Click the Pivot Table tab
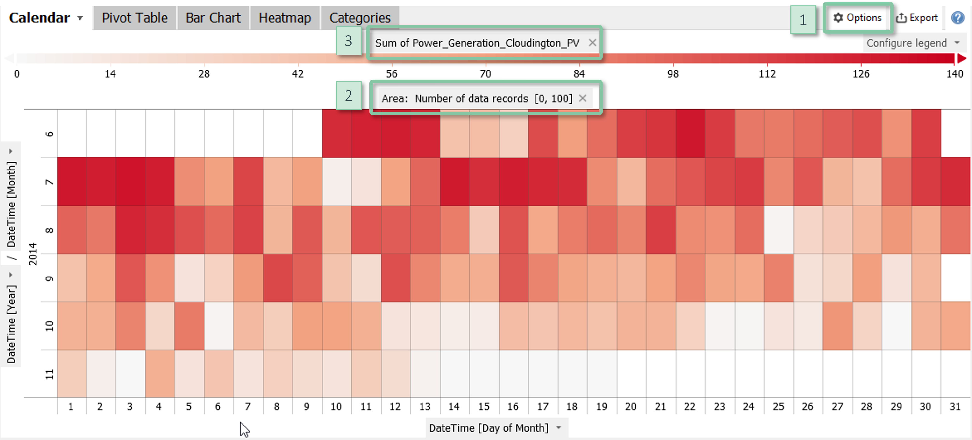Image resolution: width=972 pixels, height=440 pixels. click(134, 18)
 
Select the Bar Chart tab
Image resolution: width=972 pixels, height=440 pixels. click(213, 18)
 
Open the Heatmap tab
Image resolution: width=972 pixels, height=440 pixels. click(285, 18)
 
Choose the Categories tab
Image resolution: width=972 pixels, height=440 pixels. click(360, 18)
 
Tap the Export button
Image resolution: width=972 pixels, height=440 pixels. click(917, 18)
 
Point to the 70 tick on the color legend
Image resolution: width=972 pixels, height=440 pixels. click(485, 74)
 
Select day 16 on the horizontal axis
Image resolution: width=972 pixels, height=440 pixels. click(513, 406)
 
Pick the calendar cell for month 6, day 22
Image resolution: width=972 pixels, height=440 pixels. click(690, 133)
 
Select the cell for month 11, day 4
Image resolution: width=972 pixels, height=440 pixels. click(160, 374)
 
